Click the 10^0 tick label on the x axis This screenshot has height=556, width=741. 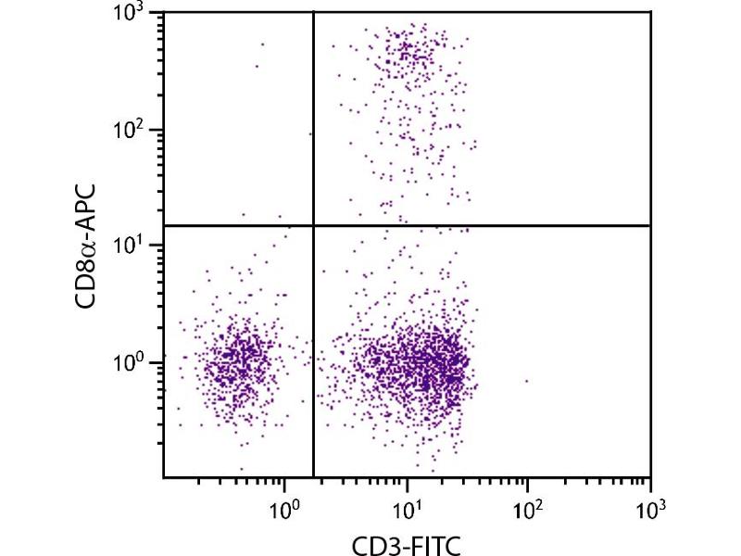point(284,508)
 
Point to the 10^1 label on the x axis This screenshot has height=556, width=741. point(407,508)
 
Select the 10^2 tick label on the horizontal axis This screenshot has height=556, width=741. point(528,508)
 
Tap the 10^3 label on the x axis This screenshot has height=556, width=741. point(650,508)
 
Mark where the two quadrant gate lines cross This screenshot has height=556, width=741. point(314,225)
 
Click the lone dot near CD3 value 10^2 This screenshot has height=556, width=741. point(527,381)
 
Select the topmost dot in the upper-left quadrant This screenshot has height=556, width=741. point(262,44)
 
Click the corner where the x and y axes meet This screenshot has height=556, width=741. point(164,477)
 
